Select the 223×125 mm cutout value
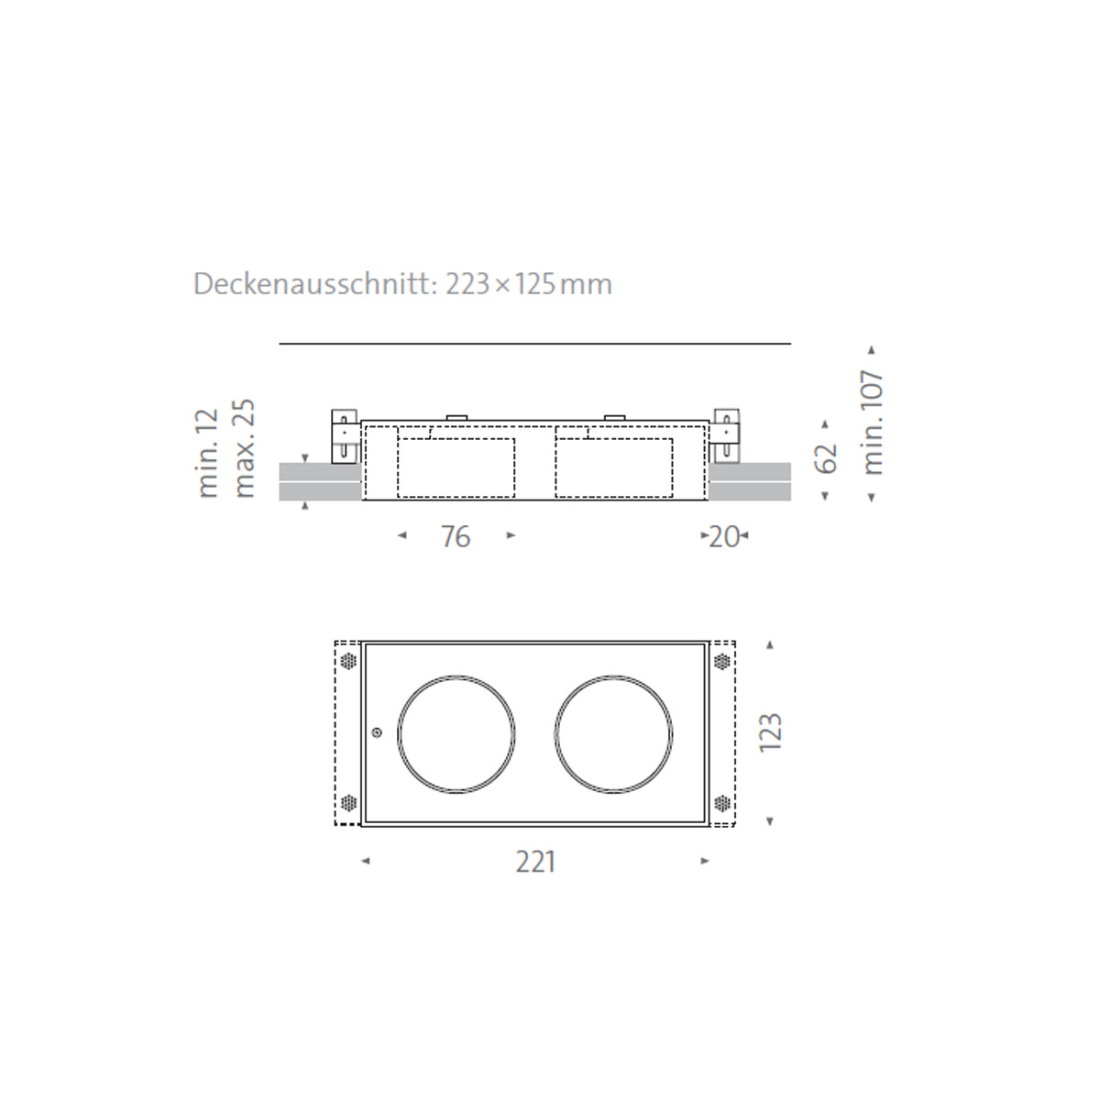point(529,284)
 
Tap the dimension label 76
point(456,536)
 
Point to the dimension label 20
point(724,536)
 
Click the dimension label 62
point(826,458)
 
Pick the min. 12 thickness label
point(208,454)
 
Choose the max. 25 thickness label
point(243,448)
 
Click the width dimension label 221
point(535,862)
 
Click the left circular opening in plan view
point(456,733)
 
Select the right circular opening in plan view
point(614,733)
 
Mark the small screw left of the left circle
point(377,732)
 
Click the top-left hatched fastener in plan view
point(347,661)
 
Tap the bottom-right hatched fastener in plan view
point(722,804)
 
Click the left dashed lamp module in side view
point(456,467)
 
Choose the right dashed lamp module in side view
point(614,467)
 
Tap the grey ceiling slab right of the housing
point(750,481)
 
